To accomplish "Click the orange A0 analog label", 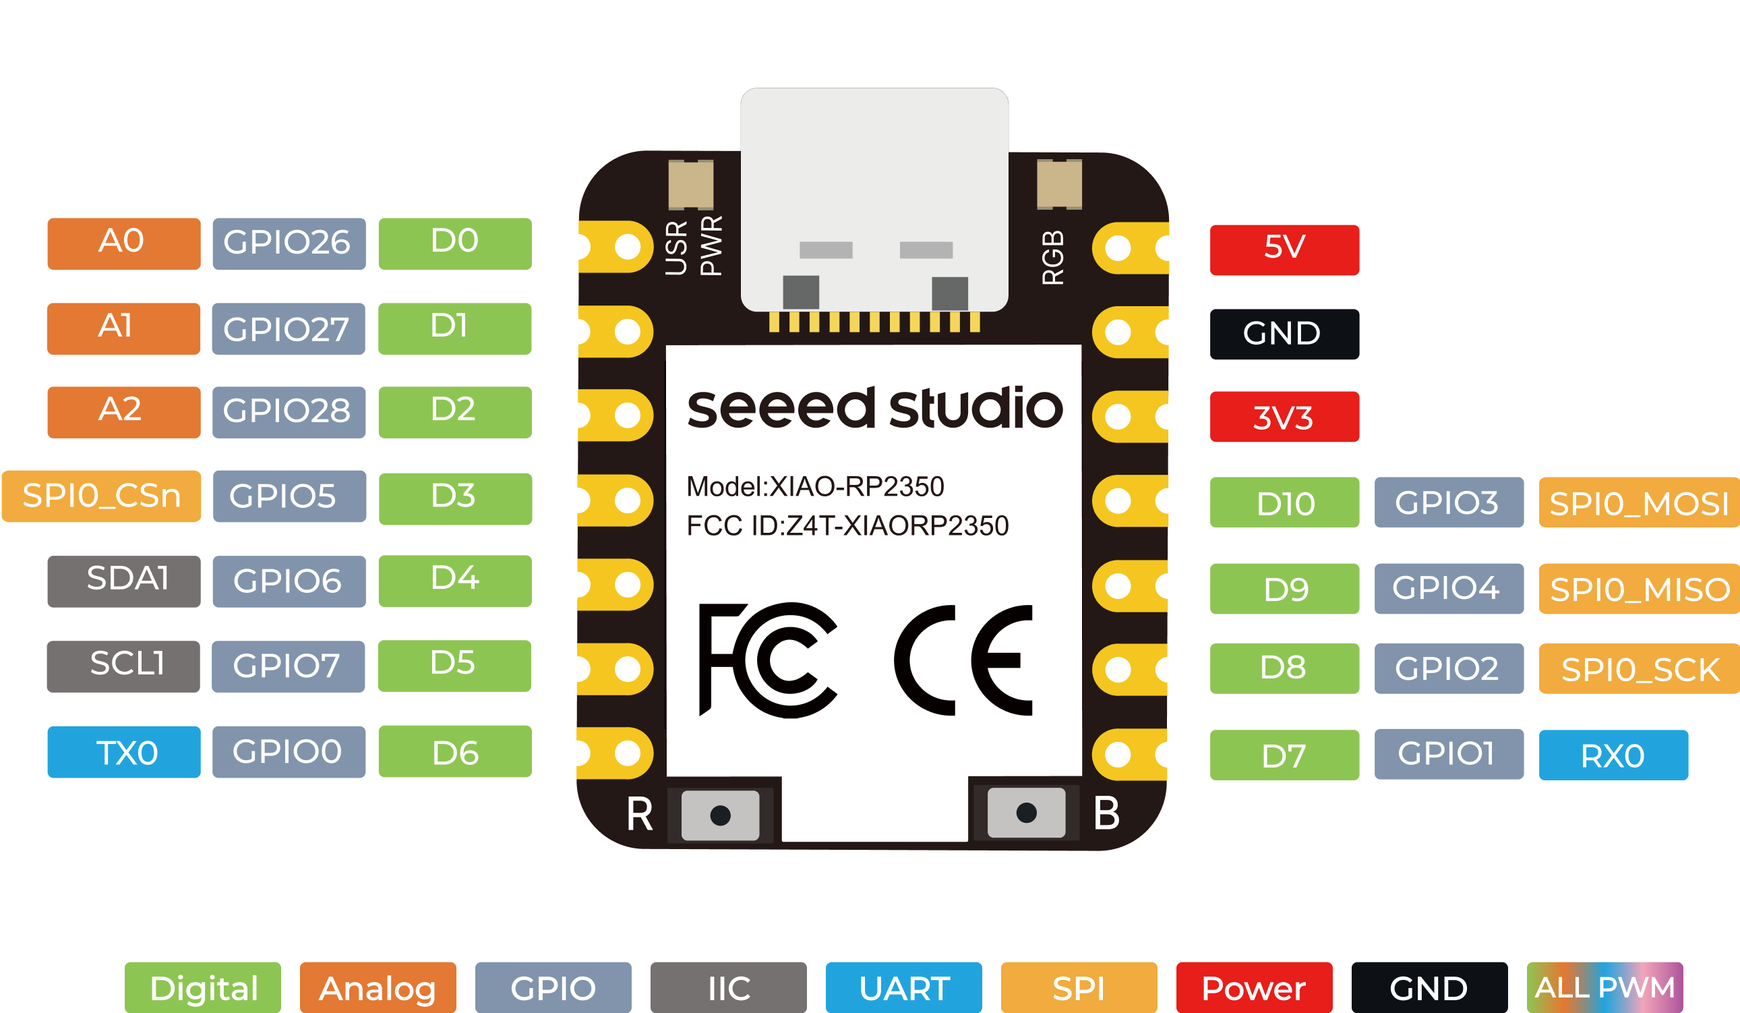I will (x=123, y=243).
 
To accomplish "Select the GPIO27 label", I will (x=288, y=328).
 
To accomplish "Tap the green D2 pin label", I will (x=454, y=411).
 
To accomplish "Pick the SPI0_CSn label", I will (x=102, y=496).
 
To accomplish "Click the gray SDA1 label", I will (x=123, y=581).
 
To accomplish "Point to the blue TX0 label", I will (x=123, y=751).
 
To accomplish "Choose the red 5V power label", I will (x=1284, y=250).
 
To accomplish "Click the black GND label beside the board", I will (x=1284, y=334).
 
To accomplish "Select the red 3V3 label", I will (x=1284, y=416).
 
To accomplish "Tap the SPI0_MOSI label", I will (x=1638, y=502).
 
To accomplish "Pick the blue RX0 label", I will (x=1613, y=755).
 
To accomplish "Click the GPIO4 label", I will (x=1449, y=588).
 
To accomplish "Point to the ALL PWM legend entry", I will (x=1604, y=987).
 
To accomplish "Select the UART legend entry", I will (x=903, y=987).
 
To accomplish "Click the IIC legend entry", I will (x=728, y=987).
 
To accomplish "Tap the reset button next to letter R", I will (x=719, y=815).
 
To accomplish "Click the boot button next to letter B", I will (x=1026, y=813).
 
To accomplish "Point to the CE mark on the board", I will (x=963, y=660).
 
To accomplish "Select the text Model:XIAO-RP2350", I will (x=815, y=487).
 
